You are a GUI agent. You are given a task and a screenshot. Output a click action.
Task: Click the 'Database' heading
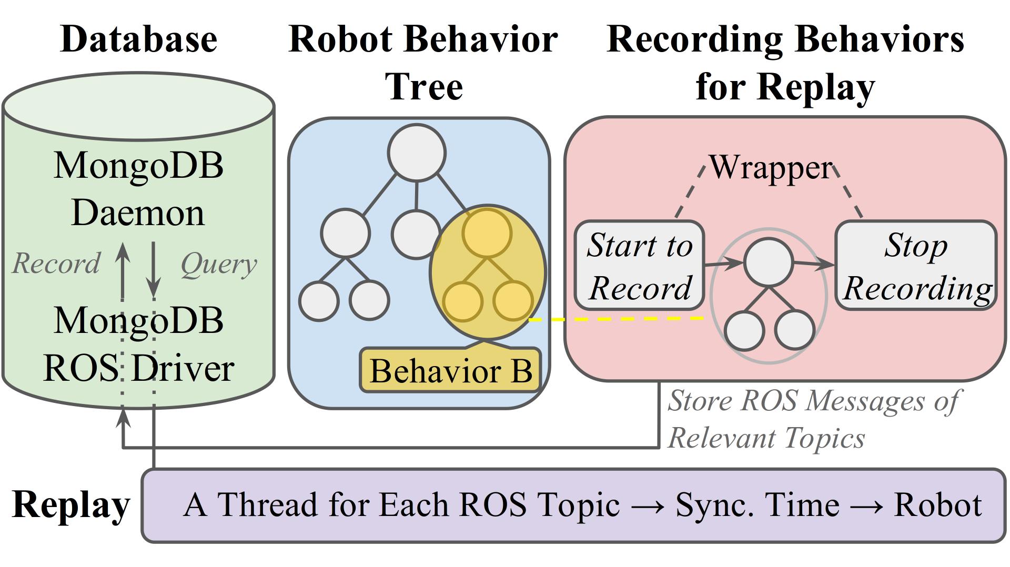[x=139, y=39]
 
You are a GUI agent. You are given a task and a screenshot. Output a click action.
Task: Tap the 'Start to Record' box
[x=639, y=266]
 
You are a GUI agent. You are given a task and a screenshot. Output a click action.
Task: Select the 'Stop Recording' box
[x=916, y=266]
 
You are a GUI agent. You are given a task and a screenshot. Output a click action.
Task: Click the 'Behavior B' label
[x=450, y=371]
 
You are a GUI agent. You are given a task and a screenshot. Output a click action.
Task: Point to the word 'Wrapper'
[x=771, y=168]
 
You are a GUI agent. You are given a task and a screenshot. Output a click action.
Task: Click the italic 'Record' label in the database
[x=56, y=264]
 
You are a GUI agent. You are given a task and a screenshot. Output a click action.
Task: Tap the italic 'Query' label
[x=219, y=264]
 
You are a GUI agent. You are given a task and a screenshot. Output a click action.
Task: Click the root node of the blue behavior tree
[x=417, y=153]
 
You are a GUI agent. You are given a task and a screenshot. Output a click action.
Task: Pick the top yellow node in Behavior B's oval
[x=487, y=232]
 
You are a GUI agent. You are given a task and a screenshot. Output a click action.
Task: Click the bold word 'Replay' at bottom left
[x=70, y=504]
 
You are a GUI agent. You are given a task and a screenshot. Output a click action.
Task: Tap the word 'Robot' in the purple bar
[x=938, y=505]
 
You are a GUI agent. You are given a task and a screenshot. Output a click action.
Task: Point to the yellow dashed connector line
[x=615, y=319]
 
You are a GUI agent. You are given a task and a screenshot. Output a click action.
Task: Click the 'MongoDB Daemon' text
[x=138, y=189]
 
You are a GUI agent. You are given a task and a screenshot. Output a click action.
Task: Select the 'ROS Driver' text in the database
[x=139, y=368]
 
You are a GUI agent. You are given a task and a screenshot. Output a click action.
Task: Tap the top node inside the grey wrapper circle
[x=769, y=262]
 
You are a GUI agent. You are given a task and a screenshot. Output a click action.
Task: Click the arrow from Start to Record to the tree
[x=724, y=264]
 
